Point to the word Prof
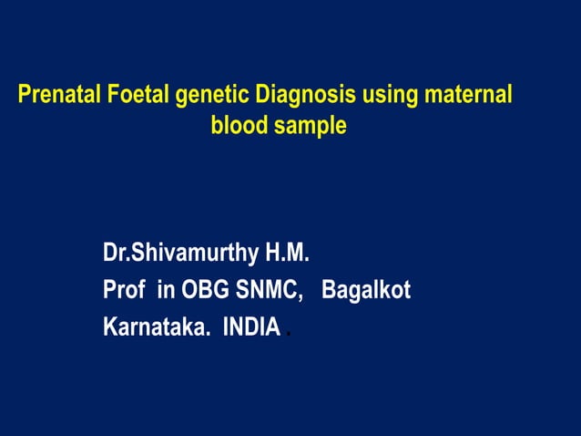tap(125, 291)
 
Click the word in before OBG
tap(166, 291)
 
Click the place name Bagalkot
tap(367, 291)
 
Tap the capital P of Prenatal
tap(25, 95)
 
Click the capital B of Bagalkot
tap(329, 291)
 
